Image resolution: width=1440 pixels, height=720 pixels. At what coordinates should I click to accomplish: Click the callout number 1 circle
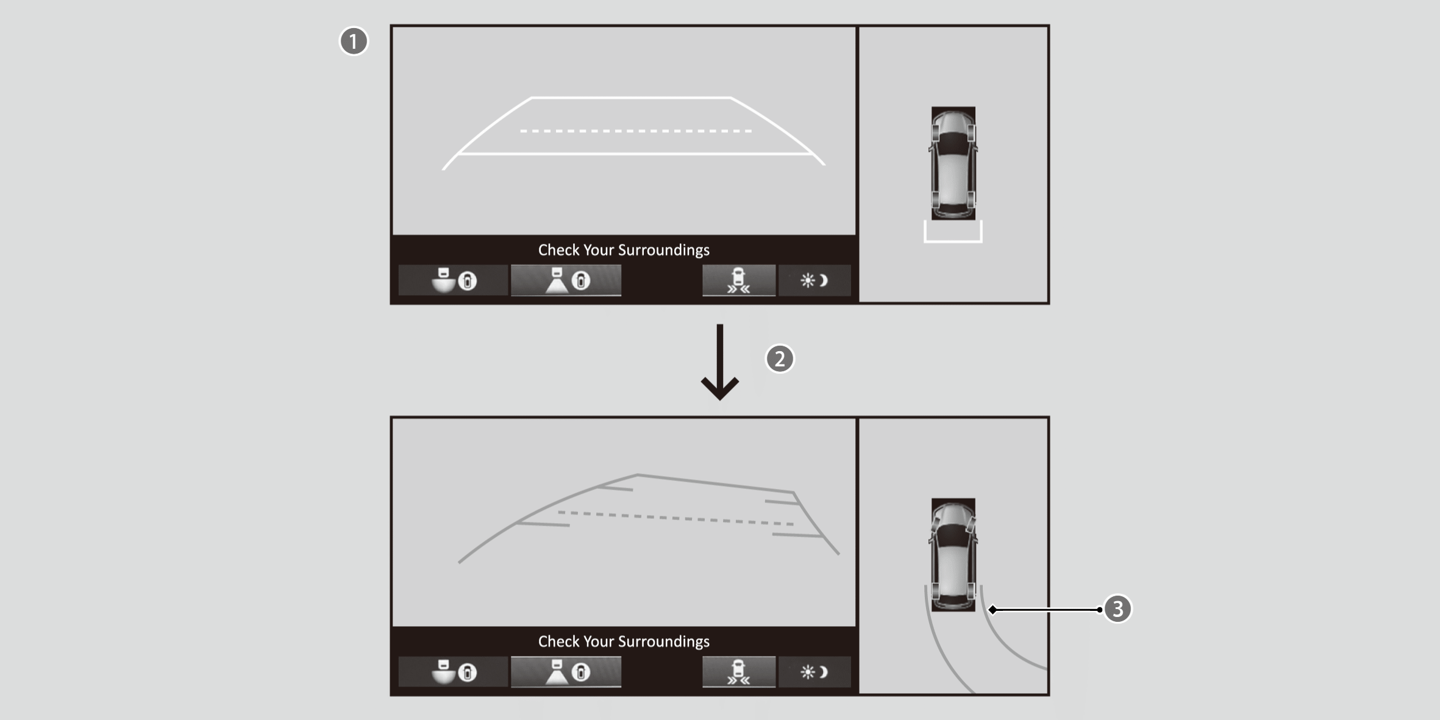[354, 41]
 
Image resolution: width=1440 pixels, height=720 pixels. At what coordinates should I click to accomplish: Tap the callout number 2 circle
[780, 358]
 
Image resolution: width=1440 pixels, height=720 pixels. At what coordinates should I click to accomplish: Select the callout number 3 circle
[1117, 608]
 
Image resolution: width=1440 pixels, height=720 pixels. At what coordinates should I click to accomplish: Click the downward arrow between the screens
[720, 362]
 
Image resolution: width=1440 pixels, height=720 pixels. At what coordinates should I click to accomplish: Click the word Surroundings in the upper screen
[663, 250]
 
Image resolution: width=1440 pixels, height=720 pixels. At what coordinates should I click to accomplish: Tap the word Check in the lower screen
[558, 641]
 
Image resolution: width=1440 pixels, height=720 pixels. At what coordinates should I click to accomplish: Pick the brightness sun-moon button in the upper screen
[814, 280]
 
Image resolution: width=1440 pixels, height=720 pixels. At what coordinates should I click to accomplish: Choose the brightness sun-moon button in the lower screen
[814, 672]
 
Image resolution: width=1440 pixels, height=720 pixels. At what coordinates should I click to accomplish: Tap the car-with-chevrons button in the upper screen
[739, 280]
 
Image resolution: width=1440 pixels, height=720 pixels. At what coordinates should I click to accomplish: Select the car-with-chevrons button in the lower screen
[739, 672]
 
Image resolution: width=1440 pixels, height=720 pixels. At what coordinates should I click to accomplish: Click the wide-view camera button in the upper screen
[453, 280]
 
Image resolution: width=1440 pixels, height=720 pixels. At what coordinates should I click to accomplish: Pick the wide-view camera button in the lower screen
[453, 672]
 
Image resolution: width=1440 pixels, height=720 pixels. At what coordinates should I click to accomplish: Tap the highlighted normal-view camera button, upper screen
[566, 280]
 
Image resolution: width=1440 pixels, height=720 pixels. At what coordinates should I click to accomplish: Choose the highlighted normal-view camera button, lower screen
[566, 672]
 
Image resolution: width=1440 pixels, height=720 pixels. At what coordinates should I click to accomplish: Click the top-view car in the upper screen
[953, 163]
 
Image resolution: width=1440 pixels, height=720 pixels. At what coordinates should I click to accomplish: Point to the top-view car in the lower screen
[953, 555]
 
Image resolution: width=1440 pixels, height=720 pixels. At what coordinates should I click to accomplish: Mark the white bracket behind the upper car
[953, 241]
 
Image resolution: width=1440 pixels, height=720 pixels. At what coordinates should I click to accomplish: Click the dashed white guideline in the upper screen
[636, 131]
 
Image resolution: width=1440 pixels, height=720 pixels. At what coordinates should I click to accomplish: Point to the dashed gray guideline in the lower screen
[675, 518]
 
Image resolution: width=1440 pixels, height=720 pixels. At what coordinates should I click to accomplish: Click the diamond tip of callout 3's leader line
[993, 610]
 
